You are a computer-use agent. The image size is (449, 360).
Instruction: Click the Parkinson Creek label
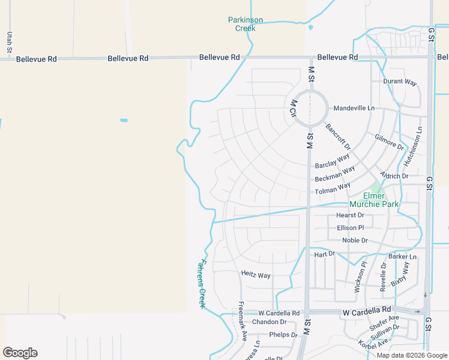tap(245, 24)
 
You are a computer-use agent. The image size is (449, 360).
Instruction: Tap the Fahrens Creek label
tap(202, 284)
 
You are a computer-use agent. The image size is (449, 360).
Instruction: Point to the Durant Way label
tap(400, 82)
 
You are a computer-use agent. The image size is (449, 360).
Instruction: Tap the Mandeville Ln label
tap(354, 108)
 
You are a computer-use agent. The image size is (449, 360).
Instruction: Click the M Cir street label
tap(294, 109)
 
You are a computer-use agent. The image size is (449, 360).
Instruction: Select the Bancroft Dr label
tap(338, 136)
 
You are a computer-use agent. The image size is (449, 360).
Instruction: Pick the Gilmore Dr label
tap(389, 142)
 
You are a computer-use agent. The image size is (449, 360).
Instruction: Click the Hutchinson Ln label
tap(415, 146)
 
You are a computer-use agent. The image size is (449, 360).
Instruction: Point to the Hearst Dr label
tap(350, 215)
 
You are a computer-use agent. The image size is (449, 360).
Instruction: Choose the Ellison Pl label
tap(351, 227)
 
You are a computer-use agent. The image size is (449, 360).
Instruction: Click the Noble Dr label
tap(355, 240)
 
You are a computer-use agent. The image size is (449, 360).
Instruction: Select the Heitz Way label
tap(256, 275)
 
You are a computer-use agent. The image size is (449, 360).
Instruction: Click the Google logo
tap(20, 353)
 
